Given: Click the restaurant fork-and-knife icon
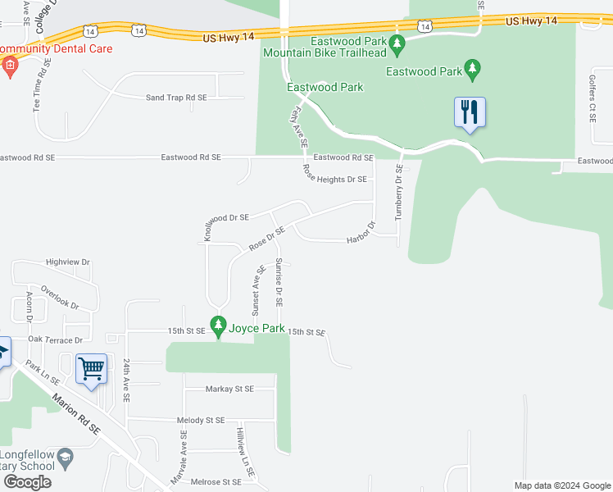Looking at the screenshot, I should point(470,112).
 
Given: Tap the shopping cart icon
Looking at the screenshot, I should point(92,369).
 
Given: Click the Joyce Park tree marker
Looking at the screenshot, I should point(218,327).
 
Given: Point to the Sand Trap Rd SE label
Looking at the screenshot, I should point(176,98).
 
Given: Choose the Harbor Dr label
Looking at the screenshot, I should point(361,233).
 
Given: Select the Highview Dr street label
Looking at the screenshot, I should point(68,262).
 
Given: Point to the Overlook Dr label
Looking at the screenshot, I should point(60,297).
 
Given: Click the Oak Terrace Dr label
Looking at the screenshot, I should point(56,339).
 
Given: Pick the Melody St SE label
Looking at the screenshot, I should point(201,420).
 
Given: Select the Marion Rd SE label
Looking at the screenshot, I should point(75,415).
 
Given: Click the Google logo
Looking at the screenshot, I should point(27,482).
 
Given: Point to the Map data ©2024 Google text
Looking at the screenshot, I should point(562,485).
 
